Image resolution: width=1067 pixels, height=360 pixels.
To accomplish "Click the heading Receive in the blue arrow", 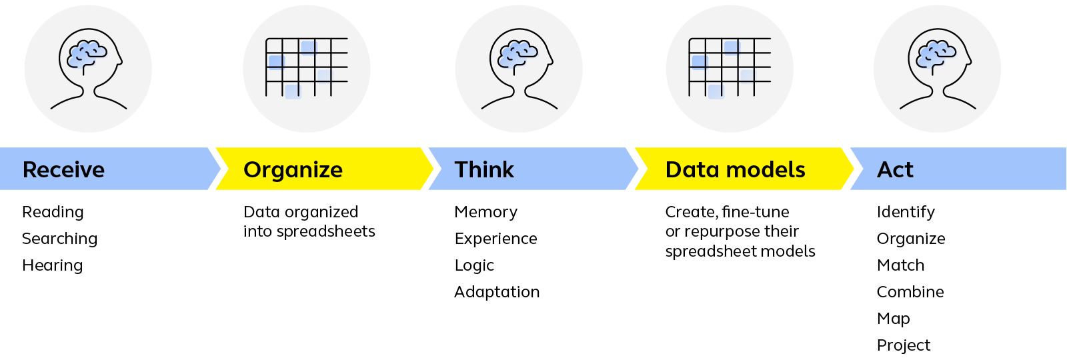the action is pos(63,169).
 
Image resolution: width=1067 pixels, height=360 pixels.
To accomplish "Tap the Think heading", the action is pos(484,169).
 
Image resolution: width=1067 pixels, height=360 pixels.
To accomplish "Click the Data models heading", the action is pos(735,169).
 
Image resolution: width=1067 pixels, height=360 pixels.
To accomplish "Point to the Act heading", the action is pos(895,169).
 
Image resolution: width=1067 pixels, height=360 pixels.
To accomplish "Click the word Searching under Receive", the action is pos(59,239).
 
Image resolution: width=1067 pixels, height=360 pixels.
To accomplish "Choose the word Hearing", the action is pos(53,265).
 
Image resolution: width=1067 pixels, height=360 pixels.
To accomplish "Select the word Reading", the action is pos(53,213).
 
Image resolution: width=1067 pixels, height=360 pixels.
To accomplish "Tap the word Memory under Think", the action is pos(486,213).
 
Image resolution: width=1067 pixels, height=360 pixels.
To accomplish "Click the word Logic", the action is pos(474,266).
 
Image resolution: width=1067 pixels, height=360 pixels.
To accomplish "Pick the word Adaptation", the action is pos(497,292).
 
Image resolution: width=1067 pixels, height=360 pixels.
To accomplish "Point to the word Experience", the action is pos(496,239).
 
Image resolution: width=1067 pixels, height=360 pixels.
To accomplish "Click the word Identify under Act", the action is pos(906,213).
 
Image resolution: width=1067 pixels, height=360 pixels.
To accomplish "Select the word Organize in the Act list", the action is pos(911,239).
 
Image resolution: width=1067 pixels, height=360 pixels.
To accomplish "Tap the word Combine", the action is pos(910,292).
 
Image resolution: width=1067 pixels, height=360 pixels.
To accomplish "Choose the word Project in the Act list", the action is pos(903,346).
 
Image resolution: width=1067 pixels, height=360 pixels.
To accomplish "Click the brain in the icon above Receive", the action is pos(87,54).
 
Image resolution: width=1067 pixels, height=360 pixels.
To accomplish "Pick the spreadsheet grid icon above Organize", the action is pos(306,67).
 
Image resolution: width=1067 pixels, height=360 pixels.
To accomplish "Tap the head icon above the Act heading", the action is pos(938,69).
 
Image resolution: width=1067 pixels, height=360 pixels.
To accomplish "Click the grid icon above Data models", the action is pos(730,67).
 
